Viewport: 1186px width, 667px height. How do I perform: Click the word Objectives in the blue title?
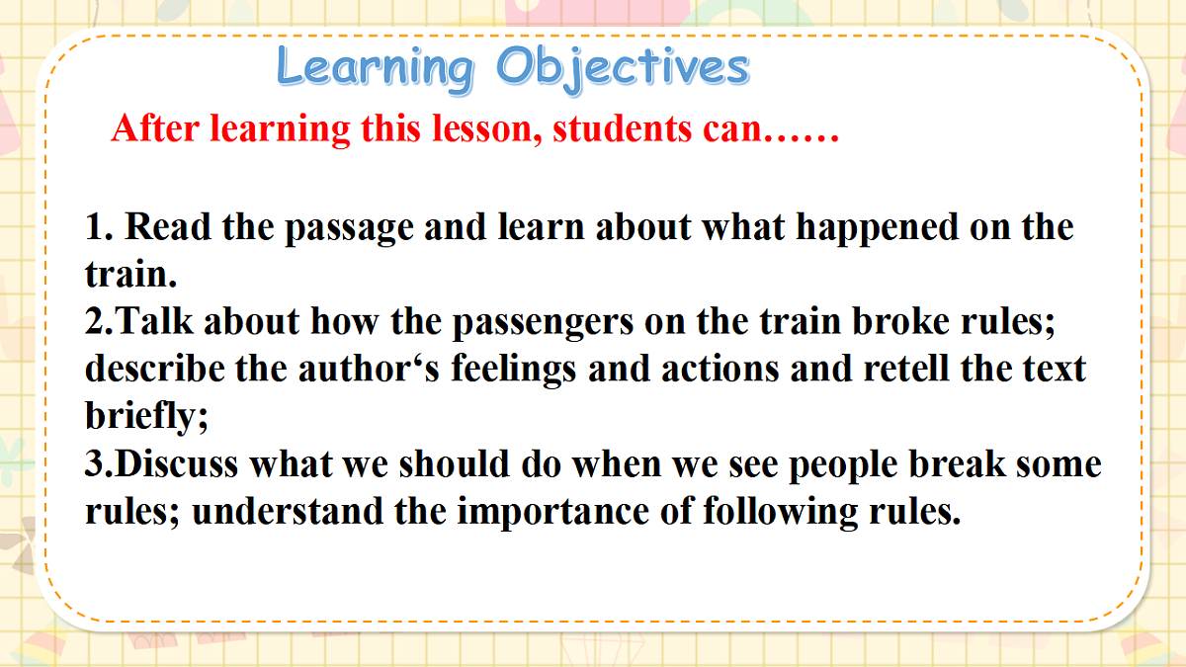[623, 68]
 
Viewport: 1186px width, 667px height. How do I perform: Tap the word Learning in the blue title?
[376, 68]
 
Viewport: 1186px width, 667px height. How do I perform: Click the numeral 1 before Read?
[96, 227]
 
